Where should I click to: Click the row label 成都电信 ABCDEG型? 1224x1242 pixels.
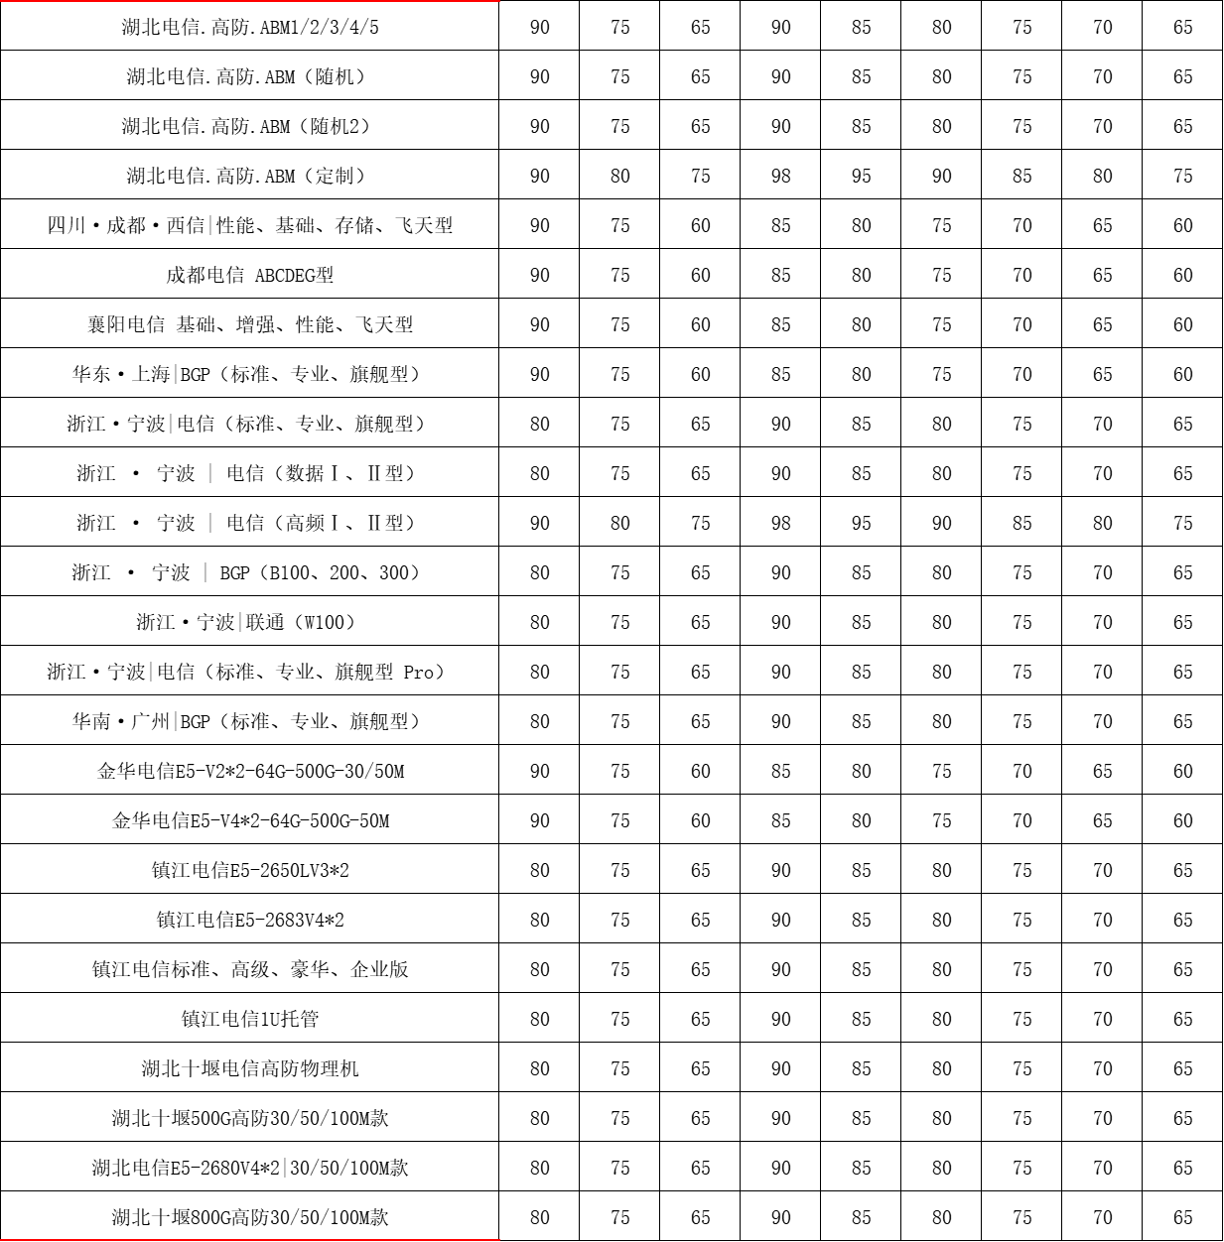tap(249, 275)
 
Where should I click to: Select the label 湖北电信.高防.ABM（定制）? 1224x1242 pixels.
tap(249, 176)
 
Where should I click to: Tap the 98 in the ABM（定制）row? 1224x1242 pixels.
tap(781, 176)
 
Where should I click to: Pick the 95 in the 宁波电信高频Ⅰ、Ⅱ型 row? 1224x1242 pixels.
tap(862, 523)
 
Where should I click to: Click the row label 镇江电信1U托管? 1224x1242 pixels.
tap(249, 1019)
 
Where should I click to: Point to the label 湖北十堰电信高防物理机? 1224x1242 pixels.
tap(249, 1068)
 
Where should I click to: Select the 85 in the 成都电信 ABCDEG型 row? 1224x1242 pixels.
tap(781, 275)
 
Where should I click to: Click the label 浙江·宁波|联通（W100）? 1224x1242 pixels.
tap(249, 622)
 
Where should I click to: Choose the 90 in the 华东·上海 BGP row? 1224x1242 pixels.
tap(540, 374)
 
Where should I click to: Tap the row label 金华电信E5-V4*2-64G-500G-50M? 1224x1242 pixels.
tap(249, 820)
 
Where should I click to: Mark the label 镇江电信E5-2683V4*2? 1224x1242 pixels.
tap(249, 920)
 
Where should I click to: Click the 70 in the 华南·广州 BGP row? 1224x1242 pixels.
tap(1103, 721)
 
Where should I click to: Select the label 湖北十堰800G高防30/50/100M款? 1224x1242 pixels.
tap(249, 1217)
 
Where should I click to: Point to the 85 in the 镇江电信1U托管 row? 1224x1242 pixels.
tap(862, 1019)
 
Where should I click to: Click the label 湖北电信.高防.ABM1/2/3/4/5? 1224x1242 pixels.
tap(249, 27)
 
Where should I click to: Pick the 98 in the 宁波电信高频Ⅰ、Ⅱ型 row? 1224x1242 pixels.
tap(781, 523)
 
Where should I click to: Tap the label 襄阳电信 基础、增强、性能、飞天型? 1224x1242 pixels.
tap(249, 324)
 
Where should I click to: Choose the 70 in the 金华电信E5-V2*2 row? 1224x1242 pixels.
tap(1022, 771)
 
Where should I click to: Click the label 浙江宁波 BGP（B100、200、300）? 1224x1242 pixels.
tap(249, 572)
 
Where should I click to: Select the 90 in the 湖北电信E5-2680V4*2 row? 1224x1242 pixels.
tap(540, 1168)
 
